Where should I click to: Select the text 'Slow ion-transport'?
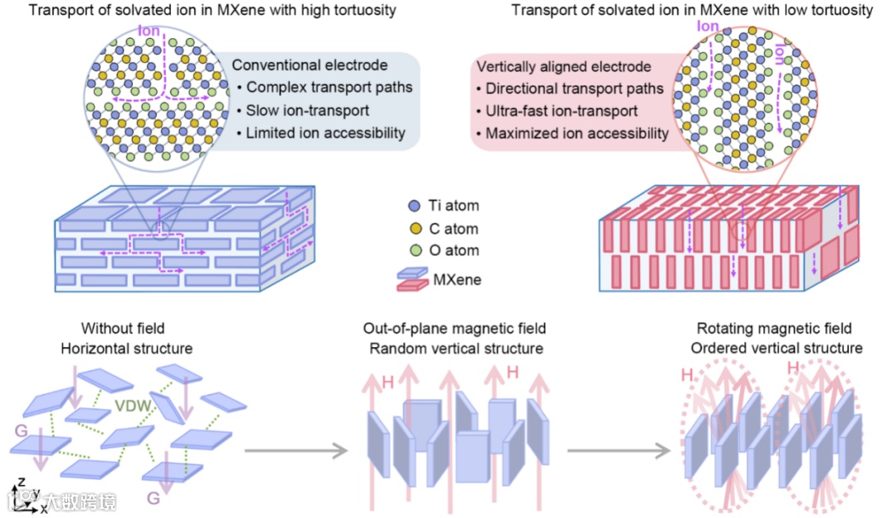pos(308,110)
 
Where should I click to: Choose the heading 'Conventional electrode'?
pos(309,66)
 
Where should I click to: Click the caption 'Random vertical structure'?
pos(456,349)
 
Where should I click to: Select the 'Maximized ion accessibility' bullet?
pos(577,133)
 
